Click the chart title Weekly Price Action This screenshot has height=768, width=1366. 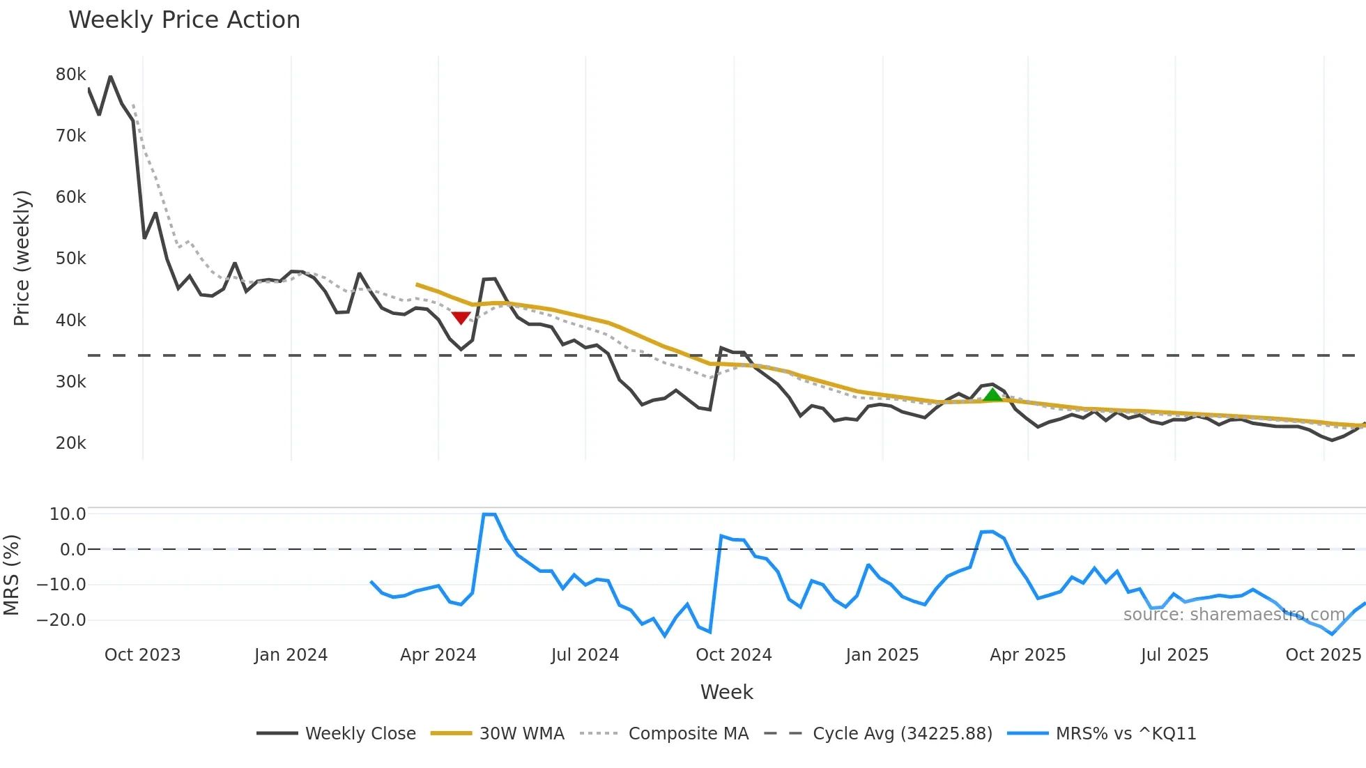point(184,20)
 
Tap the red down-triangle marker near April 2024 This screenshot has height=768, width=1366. point(461,318)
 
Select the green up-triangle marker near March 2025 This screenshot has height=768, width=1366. point(992,395)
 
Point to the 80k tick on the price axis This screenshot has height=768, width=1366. point(70,75)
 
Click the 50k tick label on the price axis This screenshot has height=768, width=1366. point(70,259)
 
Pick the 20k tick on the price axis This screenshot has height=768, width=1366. point(70,443)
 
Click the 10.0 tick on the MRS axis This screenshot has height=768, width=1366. point(68,514)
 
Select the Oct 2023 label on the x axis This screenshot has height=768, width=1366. point(142,655)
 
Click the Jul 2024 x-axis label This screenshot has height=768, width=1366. point(585,655)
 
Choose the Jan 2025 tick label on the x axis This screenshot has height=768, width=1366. point(882,655)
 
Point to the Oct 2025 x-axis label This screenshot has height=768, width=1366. point(1323,655)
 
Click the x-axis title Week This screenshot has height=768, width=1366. point(726,692)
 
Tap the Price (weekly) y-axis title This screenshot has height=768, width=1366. point(22,258)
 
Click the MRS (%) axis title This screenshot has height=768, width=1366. point(11,575)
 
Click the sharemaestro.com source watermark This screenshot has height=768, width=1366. point(1234,615)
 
